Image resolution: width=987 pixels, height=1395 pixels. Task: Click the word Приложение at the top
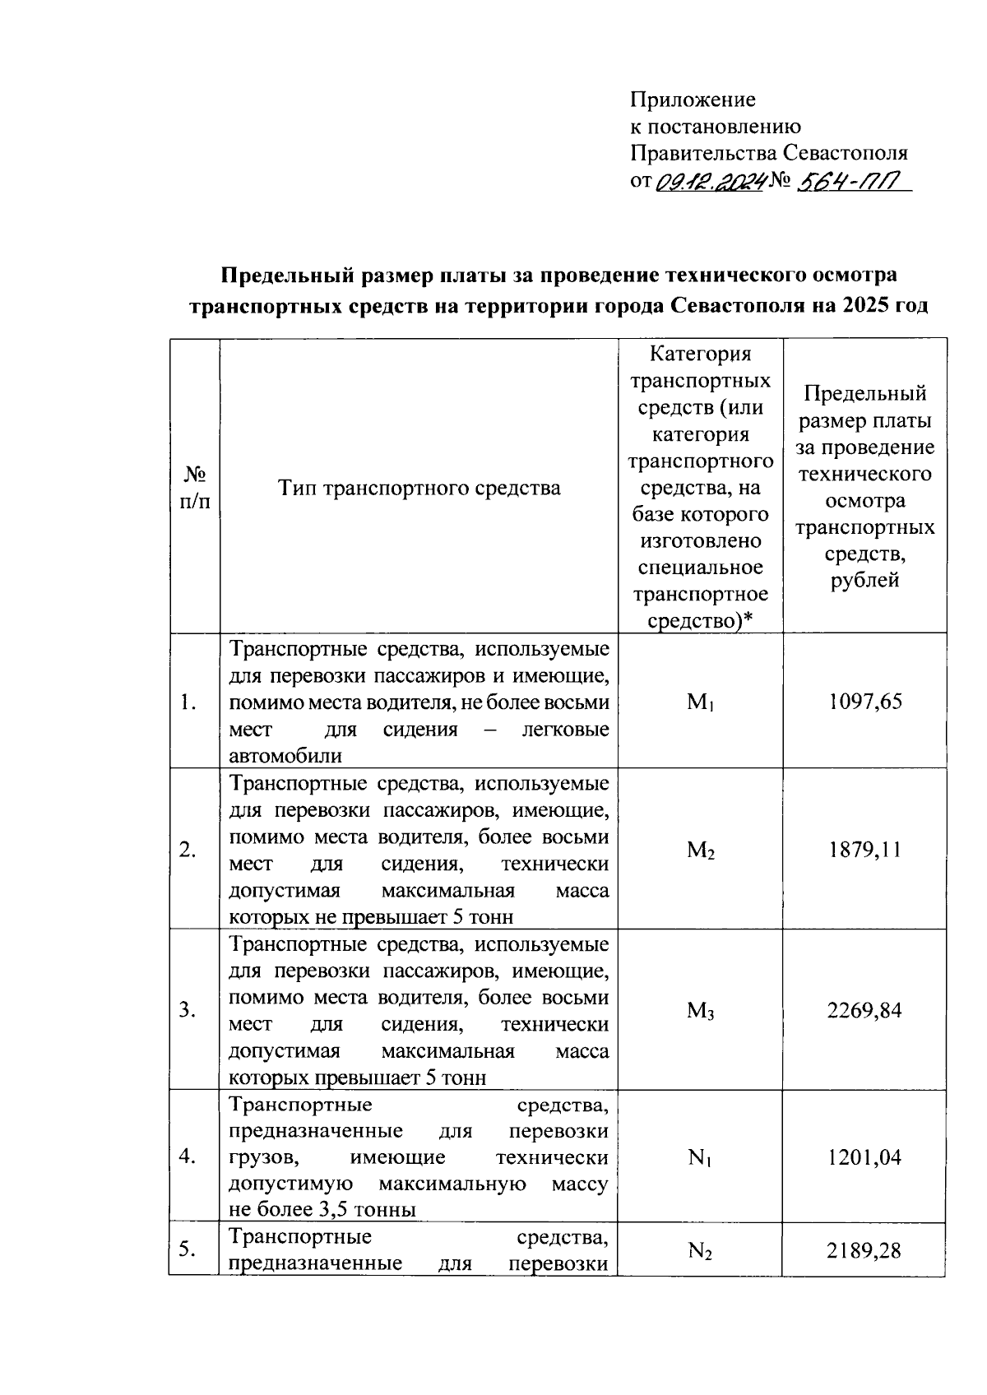tap(693, 100)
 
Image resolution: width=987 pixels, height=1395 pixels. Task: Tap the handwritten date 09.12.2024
tap(711, 181)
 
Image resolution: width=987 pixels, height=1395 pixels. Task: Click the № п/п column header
tap(194, 488)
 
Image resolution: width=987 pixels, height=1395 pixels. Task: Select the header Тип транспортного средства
tap(419, 488)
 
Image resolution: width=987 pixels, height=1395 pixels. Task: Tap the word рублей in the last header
tap(864, 580)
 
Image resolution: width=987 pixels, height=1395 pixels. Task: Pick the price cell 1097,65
tap(864, 702)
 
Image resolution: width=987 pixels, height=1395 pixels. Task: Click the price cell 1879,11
tap(864, 850)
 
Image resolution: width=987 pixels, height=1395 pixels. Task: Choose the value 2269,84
tap(864, 1010)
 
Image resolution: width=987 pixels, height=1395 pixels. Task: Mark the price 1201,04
tap(864, 1157)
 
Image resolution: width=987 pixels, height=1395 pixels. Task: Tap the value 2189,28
tap(864, 1251)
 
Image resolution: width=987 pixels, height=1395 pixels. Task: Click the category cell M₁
tap(700, 702)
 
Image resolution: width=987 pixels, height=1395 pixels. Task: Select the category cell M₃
tap(700, 1011)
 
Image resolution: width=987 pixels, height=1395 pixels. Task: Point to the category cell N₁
tap(700, 1158)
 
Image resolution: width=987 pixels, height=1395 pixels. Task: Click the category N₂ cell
tap(700, 1252)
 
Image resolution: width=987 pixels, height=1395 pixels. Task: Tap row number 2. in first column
tap(188, 850)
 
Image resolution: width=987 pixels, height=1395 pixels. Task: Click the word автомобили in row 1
tap(285, 756)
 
